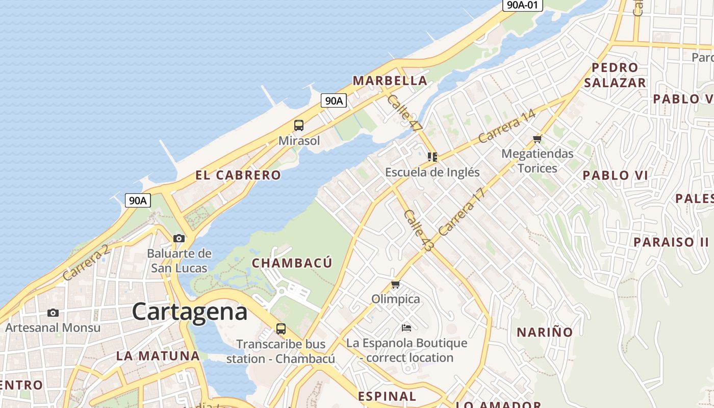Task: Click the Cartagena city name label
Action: coord(190,312)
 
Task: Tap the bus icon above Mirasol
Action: coord(299,125)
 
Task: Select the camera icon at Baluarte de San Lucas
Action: coord(178,238)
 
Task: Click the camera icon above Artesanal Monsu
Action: coord(53,313)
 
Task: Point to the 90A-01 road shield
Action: coord(522,5)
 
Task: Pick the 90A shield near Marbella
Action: coord(334,100)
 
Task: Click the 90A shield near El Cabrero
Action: coord(138,200)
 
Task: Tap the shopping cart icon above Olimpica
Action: coord(395,285)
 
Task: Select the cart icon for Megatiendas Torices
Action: coord(537,139)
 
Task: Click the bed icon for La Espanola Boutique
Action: coord(406,327)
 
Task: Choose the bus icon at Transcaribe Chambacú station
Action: coord(280,328)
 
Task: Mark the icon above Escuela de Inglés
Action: coord(432,157)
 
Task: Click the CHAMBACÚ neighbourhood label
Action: coord(292,263)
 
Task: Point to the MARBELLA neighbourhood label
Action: coord(390,81)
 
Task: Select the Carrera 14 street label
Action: coord(507,126)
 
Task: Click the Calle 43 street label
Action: coord(418,231)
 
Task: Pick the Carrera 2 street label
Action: coord(86,263)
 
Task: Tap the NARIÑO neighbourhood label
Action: coord(545,333)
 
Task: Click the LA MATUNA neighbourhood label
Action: coord(158,356)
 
